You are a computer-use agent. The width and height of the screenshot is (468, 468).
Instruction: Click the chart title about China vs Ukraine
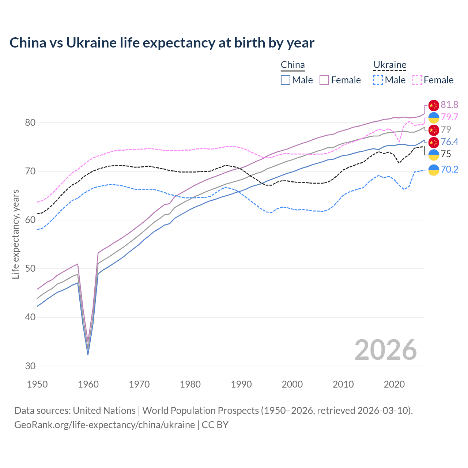point(162,43)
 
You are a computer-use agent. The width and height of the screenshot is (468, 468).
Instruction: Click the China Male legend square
point(286,80)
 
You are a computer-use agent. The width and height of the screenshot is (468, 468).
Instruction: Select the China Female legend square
point(324,80)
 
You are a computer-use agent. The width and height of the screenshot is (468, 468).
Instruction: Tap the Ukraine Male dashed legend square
point(378,80)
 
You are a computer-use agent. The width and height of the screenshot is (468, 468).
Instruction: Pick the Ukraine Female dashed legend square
point(417,80)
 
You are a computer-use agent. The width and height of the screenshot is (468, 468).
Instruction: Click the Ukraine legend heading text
point(390,65)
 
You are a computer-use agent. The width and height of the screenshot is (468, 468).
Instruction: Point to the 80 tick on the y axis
point(30,122)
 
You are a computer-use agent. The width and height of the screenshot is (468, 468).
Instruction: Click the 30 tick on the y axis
point(30,366)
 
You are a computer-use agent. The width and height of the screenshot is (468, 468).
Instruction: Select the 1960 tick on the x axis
point(88,384)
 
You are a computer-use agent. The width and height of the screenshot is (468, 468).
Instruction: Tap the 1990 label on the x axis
point(241,384)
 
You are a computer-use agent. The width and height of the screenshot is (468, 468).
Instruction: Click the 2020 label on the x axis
point(394,384)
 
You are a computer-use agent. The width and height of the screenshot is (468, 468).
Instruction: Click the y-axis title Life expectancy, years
point(15,234)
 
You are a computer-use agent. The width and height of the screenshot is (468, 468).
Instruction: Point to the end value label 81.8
point(449,105)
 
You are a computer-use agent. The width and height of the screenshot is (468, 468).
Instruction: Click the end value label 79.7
point(449,117)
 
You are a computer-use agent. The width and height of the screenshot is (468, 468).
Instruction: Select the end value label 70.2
point(449,169)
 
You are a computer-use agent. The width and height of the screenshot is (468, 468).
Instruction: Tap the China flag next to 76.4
point(434,142)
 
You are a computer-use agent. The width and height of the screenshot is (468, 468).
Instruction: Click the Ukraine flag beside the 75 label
point(434,155)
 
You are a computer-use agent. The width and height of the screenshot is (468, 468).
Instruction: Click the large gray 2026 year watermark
point(386,350)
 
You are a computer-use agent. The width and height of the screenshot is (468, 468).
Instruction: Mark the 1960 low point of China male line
point(88,355)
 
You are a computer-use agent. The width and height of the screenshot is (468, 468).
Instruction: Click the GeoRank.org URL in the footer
point(105,425)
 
